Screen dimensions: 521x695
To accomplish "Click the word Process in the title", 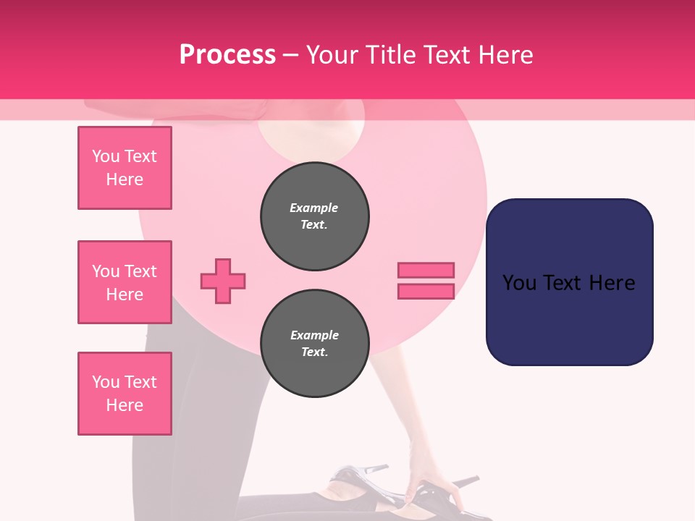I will [227, 55].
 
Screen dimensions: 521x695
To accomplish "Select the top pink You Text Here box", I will [125, 168].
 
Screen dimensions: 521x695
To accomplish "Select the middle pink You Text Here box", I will [125, 282].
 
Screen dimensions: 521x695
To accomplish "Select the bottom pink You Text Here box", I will [125, 394].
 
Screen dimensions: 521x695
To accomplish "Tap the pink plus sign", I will [223, 281].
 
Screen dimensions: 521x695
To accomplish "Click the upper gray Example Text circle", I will [315, 216].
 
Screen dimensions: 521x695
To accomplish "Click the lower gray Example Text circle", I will [315, 344].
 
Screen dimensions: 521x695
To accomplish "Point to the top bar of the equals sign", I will [426, 271].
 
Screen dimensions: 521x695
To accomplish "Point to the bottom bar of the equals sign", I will [426, 291].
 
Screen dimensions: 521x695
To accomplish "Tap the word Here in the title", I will [504, 55].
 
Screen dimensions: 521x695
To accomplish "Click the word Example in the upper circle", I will [313, 208].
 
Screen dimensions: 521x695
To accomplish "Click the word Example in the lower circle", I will [314, 335].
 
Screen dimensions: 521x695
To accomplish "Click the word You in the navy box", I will [519, 283].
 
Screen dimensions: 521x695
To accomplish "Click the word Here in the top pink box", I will [125, 179].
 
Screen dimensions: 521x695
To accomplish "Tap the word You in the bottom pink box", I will [106, 382].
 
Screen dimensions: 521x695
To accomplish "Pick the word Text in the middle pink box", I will [140, 271].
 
